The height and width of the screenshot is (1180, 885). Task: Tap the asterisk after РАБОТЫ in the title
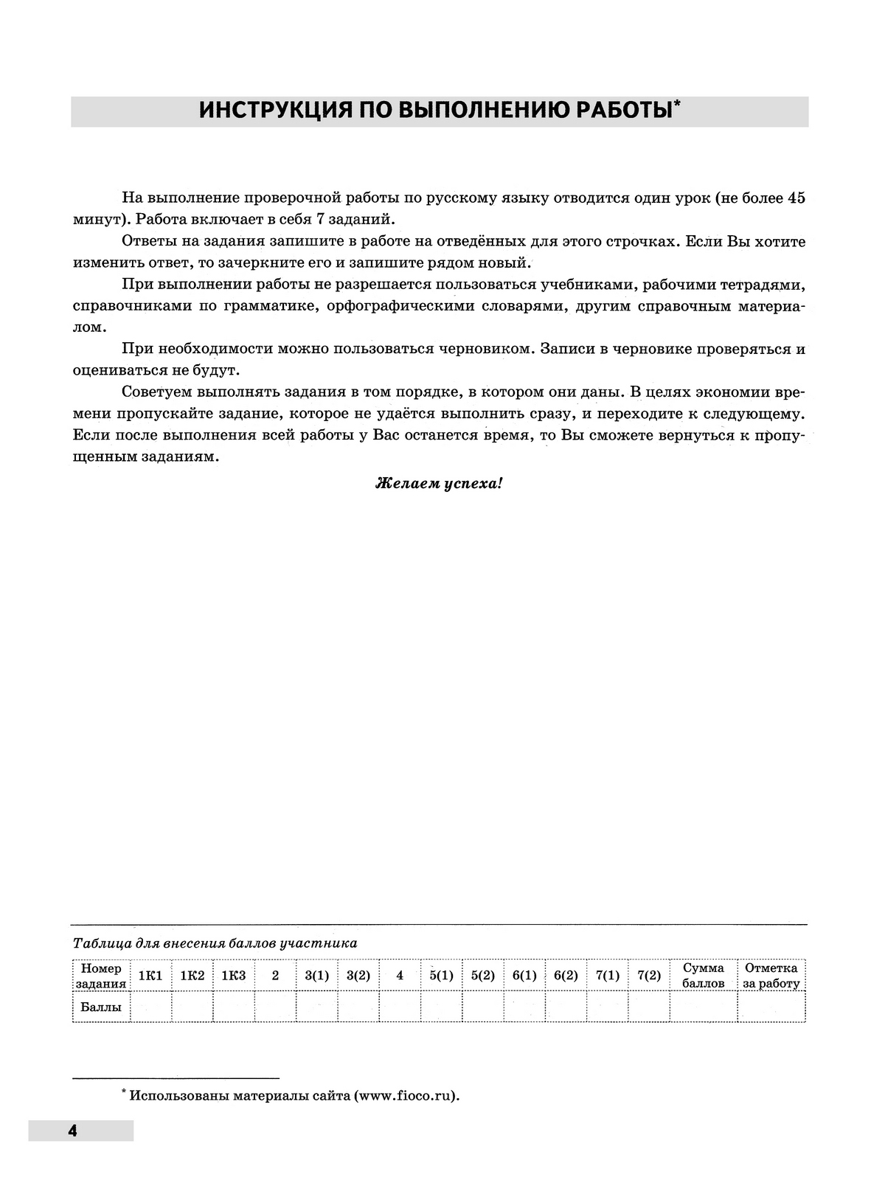(x=676, y=105)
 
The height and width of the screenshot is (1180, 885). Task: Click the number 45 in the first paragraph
(x=796, y=198)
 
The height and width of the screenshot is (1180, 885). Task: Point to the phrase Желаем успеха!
(x=440, y=484)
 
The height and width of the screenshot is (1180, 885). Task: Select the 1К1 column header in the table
(x=150, y=975)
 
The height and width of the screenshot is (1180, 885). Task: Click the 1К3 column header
(x=233, y=975)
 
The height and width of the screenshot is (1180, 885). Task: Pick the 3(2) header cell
(x=358, y=975)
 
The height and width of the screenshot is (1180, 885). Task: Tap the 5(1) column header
(x=441, y=975)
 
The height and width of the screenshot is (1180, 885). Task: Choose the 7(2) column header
(x=648, y=975)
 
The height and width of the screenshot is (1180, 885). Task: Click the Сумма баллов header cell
(x=703, y=975)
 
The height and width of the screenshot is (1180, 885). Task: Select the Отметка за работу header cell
(x=771, y=975)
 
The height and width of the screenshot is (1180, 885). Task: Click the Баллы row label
(x=101, y=1007)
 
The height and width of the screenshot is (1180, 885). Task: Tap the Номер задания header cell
(x=101, y=975)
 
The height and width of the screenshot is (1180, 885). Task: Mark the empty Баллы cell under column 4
(x=400, y=1007)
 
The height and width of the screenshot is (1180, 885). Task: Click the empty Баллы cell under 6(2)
(x=566, y=1007)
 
